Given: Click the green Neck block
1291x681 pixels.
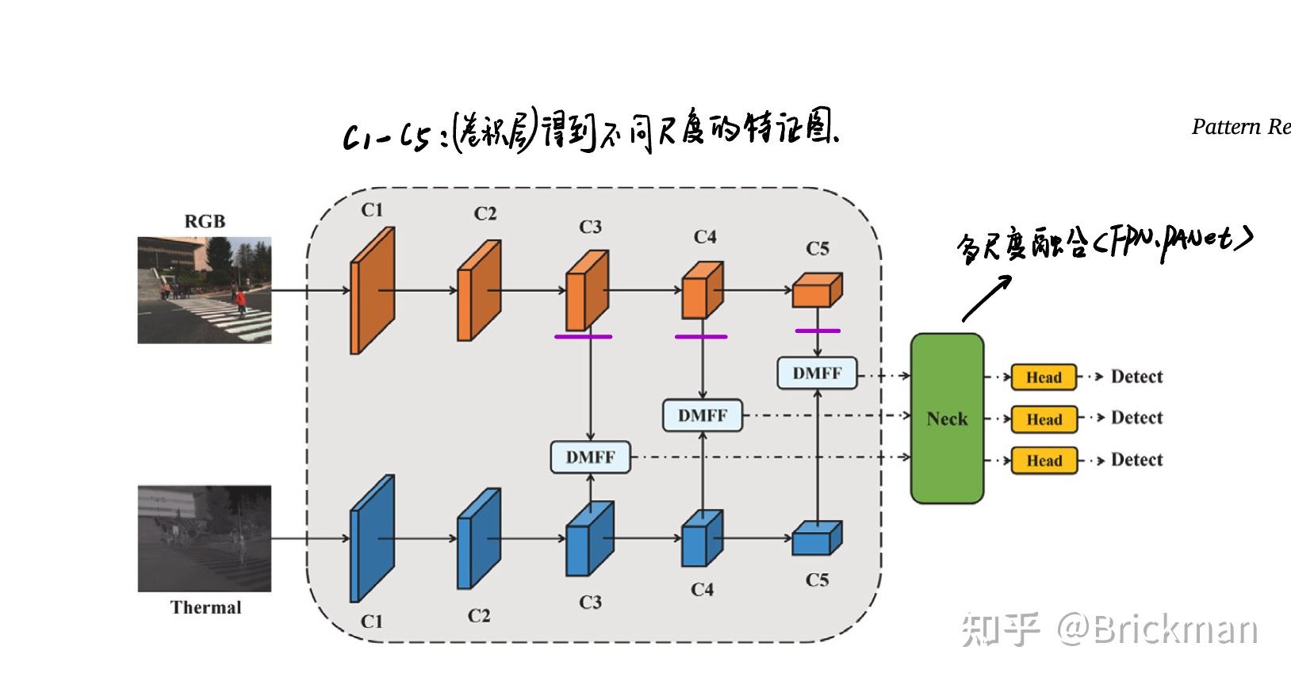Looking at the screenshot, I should click(947, 419).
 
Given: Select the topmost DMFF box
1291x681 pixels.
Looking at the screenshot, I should click(817, 373).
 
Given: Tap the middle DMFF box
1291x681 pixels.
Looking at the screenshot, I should click(703, 415).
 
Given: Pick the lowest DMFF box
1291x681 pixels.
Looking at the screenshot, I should click(591, 457).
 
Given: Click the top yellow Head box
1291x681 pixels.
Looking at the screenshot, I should click(1044, 377).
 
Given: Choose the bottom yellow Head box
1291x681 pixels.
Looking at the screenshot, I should click(1044, 461).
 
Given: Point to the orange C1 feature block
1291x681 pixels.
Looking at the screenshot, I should click(373, 291).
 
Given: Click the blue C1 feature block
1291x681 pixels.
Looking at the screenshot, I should click(373, 539).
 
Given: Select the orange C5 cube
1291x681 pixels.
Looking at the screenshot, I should click(816, 291).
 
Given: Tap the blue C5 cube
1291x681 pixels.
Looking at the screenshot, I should click(816, 538).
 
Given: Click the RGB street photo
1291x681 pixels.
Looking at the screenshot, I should click(205, 290).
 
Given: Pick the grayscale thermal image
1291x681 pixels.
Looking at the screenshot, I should click(205, 539).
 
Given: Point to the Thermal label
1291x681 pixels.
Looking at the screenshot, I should click(205, 608).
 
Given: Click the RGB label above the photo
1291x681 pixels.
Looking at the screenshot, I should click(205, 221).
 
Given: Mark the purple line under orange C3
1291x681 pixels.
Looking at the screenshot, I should click(583, 337).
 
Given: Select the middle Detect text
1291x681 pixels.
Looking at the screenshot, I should click(1136, 418).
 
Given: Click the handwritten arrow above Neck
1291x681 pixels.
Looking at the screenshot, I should click(986, 298).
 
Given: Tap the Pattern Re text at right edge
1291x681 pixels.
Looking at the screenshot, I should click(1240, 127).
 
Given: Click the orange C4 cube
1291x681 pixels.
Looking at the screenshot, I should click(702, 290).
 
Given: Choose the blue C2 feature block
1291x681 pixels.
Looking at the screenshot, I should click(479, 539).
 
